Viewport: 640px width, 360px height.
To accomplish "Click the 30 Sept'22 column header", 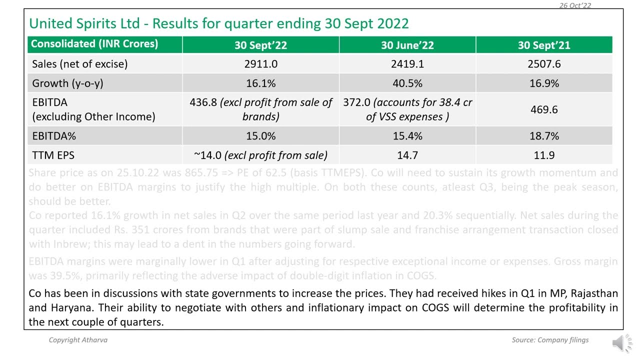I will tap(260, 45).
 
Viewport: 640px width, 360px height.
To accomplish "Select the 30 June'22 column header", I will tap(407, 45).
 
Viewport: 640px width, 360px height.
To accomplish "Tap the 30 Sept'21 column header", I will tap(544, 45).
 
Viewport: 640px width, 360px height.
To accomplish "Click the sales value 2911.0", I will tap(260, 64).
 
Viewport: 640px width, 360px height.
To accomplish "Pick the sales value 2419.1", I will tap(407, 64).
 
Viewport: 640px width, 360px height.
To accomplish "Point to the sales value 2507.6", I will tap(544, 64).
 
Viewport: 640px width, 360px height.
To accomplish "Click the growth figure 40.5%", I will tap(407, 83).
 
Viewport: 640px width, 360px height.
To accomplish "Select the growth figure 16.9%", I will tap(544, 83).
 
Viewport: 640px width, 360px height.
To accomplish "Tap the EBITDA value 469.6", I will tap(544, 109).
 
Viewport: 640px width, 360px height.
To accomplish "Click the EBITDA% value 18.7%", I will tap(544, 136).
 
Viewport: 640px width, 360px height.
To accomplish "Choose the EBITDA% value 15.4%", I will tap(407, 136).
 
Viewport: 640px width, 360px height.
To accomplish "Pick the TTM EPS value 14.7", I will tap(407, 155).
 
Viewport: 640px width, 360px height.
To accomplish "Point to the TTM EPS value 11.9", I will tap(544, 155).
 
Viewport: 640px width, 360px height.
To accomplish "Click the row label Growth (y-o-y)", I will tap(67, 83).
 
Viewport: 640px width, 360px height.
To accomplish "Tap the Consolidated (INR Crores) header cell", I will tap(94, 44).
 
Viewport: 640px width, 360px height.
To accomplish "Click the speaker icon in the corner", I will tap(621, 343).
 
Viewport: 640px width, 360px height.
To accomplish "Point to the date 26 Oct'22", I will tap(575, 5).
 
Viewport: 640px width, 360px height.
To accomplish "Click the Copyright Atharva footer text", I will tap(78, 340).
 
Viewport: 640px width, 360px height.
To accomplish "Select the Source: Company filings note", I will tap(550, 340).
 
